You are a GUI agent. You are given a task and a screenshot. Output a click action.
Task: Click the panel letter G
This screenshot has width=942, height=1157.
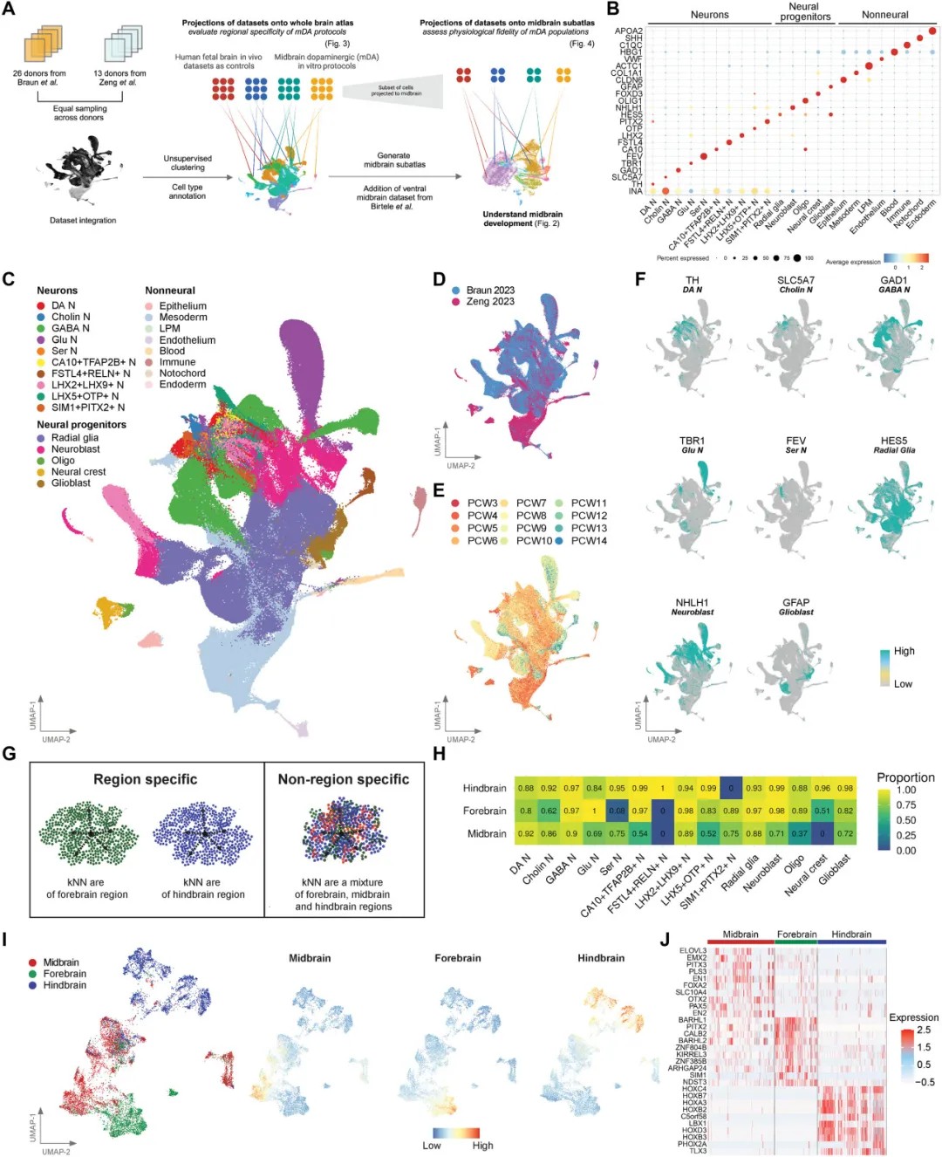click(x=9, y=753)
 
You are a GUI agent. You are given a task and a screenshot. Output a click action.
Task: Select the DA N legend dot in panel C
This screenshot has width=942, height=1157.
click(x=41, y=305)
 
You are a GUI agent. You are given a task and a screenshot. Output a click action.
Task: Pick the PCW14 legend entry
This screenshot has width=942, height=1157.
click(x=589, y=541)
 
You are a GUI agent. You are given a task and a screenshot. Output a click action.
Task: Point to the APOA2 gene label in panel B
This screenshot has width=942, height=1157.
click(x=629, y=31)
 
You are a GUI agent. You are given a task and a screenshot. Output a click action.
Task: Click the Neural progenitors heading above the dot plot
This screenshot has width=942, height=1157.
click(x=803, y=11)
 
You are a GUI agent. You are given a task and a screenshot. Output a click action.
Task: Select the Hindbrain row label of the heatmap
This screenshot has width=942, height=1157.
click(x=484, y=788)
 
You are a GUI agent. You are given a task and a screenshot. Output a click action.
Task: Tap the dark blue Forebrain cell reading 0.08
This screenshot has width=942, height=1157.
click(x=617, y=811)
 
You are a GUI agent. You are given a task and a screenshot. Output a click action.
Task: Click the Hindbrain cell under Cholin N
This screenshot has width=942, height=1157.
click(x=549, y=788)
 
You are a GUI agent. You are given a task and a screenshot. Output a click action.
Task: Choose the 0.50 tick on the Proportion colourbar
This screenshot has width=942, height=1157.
click(x=906, y=820)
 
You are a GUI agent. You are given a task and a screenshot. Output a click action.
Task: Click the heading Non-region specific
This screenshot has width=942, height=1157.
click(x=343, y=779)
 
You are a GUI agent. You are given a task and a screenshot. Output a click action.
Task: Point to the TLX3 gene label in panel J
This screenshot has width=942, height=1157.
click(x=698, y=1151)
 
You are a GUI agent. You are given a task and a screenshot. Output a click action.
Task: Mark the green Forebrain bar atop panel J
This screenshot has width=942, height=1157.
click(x=795, y=942)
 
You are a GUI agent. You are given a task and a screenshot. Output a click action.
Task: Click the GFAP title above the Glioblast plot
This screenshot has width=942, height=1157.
click(x=795, y=602)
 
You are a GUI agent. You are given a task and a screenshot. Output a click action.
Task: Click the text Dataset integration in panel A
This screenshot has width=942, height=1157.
click(x=83, y=221)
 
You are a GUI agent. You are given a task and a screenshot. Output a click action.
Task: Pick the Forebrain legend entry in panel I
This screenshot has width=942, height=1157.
click(x=65, y=974)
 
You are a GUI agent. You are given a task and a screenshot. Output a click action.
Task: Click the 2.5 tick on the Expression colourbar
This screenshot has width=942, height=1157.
click(x=924, y=1030)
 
